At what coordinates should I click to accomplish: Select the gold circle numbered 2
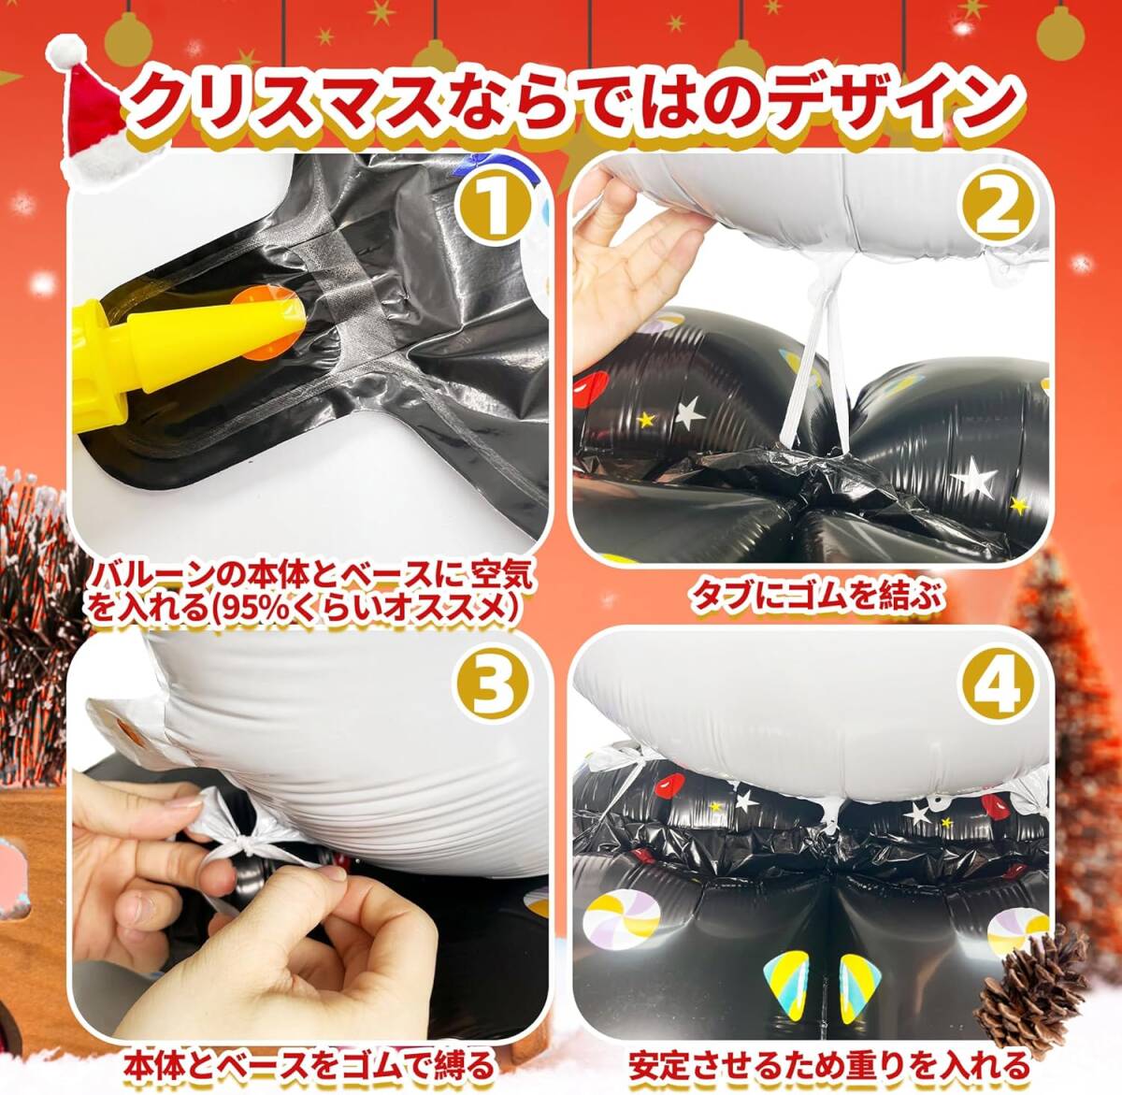998,212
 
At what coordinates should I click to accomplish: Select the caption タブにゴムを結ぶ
817,597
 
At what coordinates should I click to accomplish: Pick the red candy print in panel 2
592,387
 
